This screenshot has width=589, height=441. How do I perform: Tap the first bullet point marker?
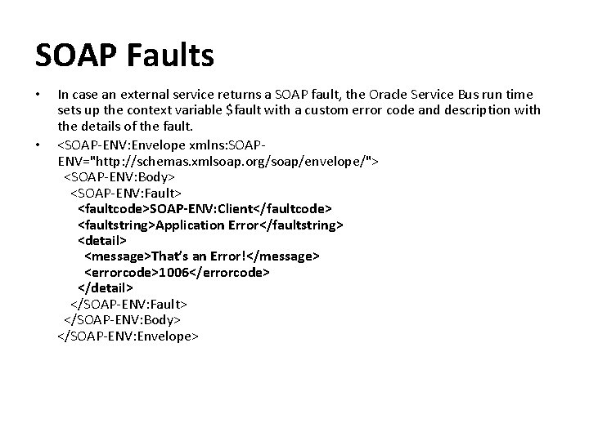[x=38, y=96]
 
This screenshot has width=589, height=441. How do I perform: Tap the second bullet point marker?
[x=38, y=145]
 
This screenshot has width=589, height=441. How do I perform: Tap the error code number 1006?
[x=174, y=272]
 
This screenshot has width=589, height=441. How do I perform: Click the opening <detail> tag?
[x=101, y=241]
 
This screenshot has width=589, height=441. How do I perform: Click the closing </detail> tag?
[x=105, y=287]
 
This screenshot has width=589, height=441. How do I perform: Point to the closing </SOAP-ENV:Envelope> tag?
[x=128, y=335]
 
